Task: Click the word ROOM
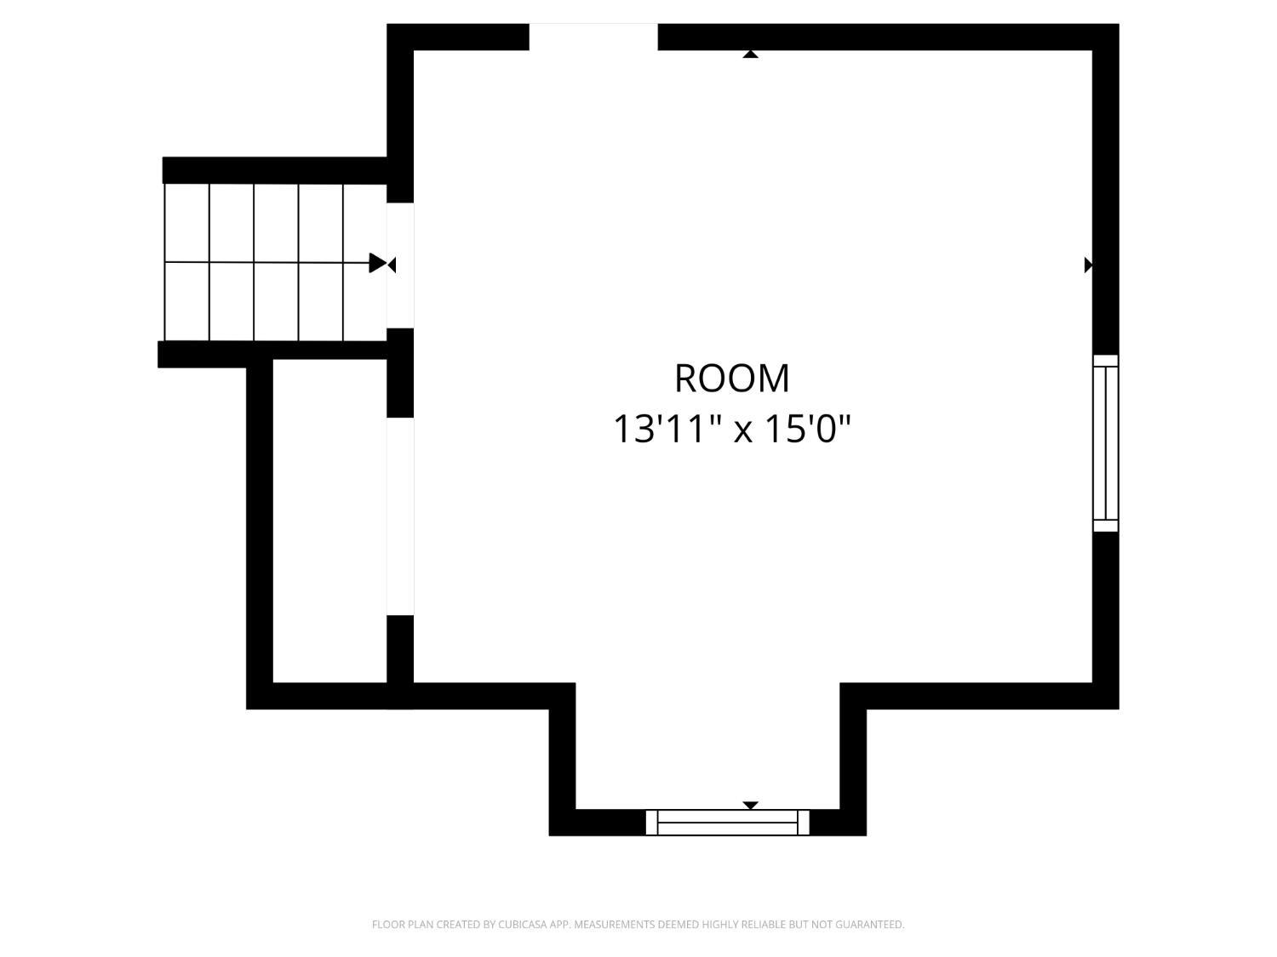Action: pos(731,379)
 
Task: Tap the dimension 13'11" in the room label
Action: pos(667,430)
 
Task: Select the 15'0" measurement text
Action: pos(807,430)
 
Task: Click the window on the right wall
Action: pos(1105,443)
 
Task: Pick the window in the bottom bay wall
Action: pos(727,823)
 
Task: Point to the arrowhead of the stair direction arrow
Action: pos(378,263)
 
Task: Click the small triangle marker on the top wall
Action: pos(751,54)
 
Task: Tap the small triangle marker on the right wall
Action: pos(1088,265)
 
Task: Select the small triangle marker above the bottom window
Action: pos(751,806)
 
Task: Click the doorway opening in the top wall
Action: pos(593,37)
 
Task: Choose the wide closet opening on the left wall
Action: pos(400,516)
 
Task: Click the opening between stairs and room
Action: pos(400,265)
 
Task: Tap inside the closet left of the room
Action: pos(329,521)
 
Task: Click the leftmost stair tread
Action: pos(186,262)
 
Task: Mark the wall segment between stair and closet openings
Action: pos(400,373)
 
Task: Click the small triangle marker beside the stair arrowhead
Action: pos(392,265)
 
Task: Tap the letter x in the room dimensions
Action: pos(742,432)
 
